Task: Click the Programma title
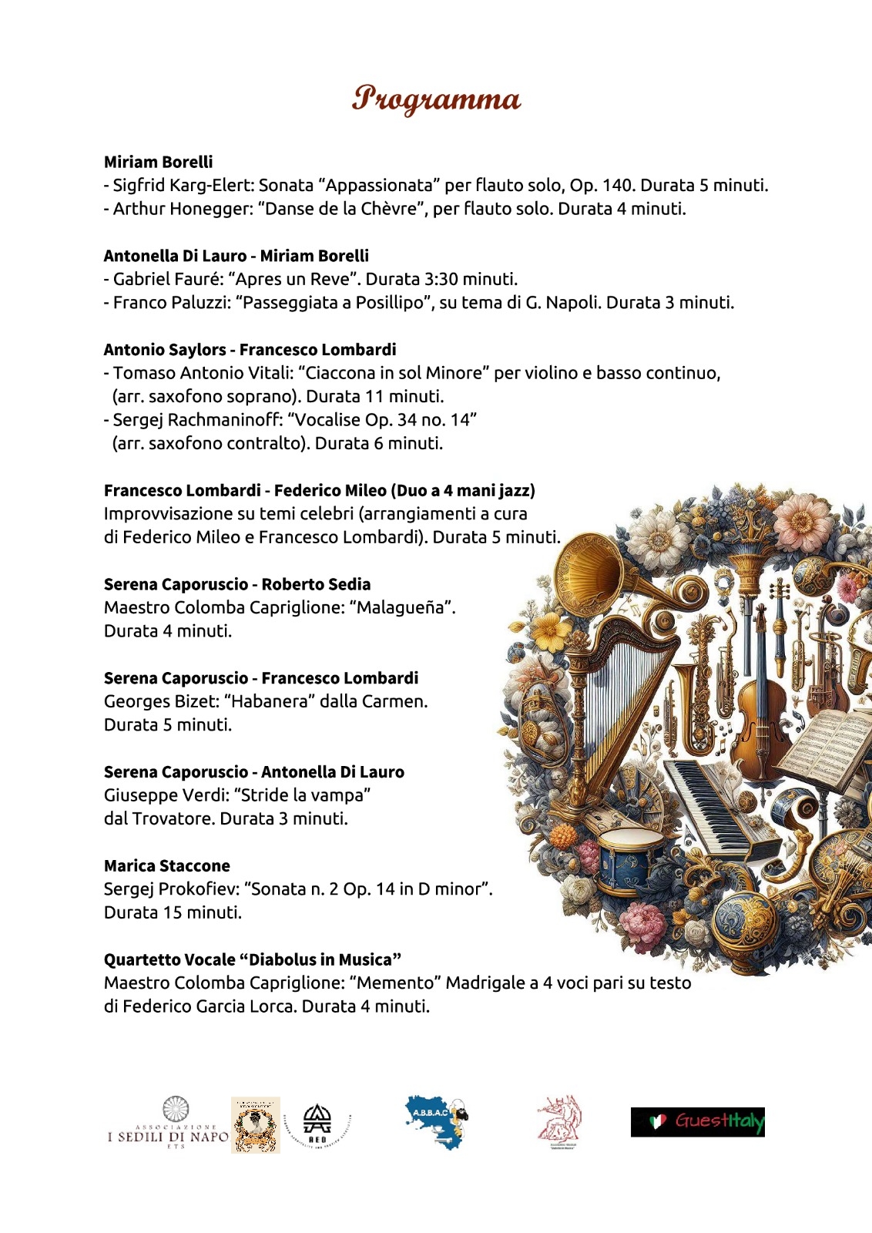[x=436, y=99]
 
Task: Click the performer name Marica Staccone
[x=167, y=865]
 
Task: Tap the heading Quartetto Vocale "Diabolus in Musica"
[x=253, y=959]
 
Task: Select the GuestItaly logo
[x=698, y=1122]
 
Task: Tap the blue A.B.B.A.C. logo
[x=436, y=1122]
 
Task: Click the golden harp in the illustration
[x=609, y=694]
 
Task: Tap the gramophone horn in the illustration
[x=593, y=566]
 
